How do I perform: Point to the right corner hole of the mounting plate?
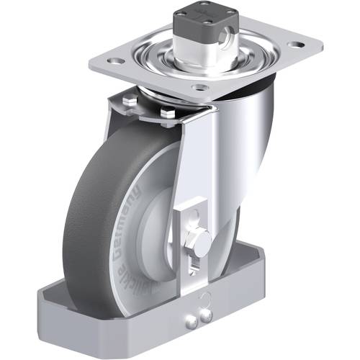(x=294, y=45)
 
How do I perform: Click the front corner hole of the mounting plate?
(x=202, y=88)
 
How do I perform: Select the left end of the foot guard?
(x=47, y=302)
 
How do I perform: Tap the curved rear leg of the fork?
(x=252, y=144)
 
